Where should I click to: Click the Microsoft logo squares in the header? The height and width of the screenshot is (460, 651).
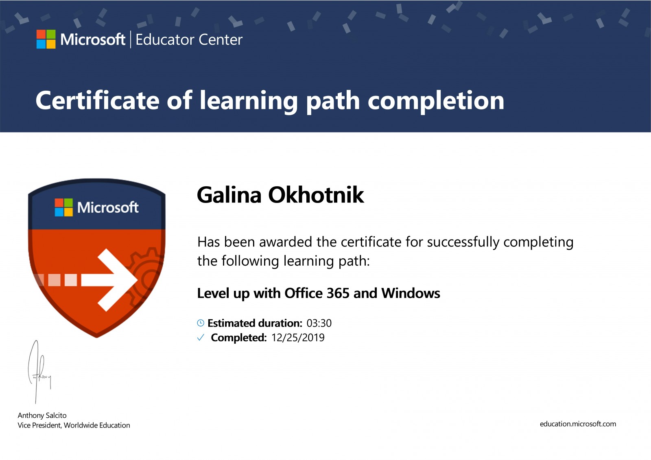pos(46,39)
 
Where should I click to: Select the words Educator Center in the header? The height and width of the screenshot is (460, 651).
pos(189,39)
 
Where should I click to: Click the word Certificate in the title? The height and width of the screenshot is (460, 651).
pos(97,100)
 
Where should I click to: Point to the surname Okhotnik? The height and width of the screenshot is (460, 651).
pos(316,195)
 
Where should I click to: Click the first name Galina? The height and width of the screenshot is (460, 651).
pos(229,195)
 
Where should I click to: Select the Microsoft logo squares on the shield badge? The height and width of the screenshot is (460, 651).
pos(63,207)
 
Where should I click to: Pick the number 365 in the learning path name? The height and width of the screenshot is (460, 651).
pos(338,293)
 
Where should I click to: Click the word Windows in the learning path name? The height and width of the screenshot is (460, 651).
pos(411,293)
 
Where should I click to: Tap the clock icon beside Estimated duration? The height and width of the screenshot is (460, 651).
pos(201,323)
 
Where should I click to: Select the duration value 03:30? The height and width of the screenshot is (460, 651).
pos(319,323)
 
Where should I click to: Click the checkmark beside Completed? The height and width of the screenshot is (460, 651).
pos(201,337)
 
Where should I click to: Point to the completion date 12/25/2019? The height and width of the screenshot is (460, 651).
pos(298,338)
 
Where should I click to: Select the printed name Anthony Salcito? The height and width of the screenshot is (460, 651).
pos(42,416)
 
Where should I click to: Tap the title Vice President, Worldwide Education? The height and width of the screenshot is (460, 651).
pos(74,425)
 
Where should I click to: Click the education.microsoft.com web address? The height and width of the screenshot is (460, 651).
pos(578,424)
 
